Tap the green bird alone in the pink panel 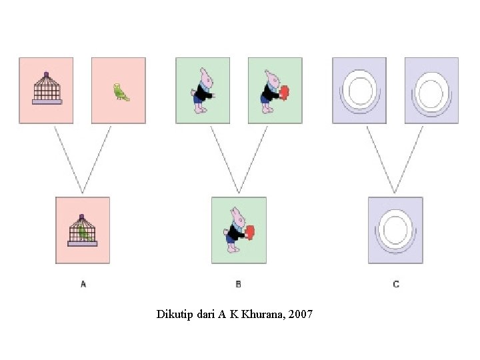pyautogui.click(x=121, y=92)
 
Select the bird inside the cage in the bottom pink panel pyautogui.click(x=83, y=232)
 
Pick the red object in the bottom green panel pyautogui.click(x=251, y=232)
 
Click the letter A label pyautogui.click(x=83, y=284)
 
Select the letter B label pyautogui.click(x=239, y=284)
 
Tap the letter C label pyautogui.click(x=396, y=284)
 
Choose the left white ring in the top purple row pyautogui.click(x=360, y=91)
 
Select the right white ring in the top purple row pyautogui.click(x=431, y=91)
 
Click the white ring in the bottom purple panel pyautogui.click(x=395, y=229)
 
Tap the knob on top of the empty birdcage pyautogui.click(x=47, y=74)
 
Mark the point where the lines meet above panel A pyautogui.click(x=83, y=193)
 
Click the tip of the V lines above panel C pyautogui.click(x=395, y=193)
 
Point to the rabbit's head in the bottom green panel pyautogui.click(x=236, y=215)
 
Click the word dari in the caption pyautogui.click(x=207, y=314)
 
